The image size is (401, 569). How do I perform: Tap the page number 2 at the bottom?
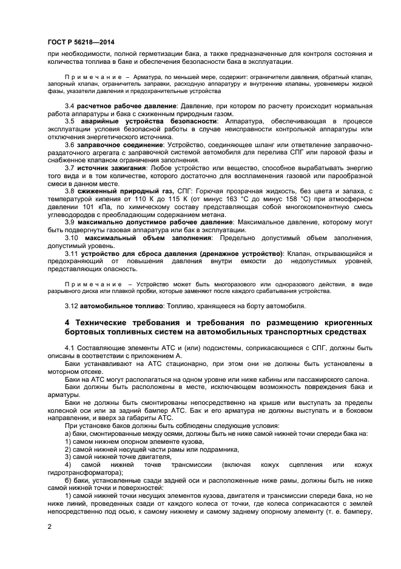[x=49, y=526]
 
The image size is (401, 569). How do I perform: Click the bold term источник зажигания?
[x=112, y=167]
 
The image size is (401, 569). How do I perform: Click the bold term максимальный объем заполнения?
[x=137, y=238]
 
